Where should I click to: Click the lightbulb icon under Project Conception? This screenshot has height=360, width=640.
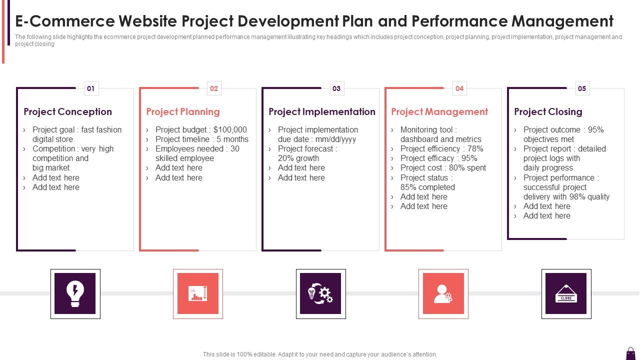(75, 293)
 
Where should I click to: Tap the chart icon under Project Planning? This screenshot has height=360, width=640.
(197, 293)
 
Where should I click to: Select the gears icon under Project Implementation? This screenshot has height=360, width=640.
(320, 293)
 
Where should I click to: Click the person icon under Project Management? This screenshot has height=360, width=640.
(443, 293)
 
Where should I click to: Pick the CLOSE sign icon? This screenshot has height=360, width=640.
(566, 293)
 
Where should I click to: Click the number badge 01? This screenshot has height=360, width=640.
(91, 88)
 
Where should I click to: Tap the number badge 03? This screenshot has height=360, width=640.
(336, 88)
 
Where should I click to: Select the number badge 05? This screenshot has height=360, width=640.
(582, 88)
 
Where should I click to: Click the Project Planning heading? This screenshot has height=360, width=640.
(183, 111)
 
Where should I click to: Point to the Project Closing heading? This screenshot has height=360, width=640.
(548, 111)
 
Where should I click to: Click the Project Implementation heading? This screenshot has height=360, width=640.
(322, 111)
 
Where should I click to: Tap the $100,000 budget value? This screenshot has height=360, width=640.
(230, 129)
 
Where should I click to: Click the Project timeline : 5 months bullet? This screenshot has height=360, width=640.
(201, 139)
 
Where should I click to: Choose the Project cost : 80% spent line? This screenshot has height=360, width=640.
(443, 167)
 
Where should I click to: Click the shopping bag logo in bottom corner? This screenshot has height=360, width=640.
(630, 352)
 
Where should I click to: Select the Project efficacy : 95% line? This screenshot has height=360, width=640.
(438, 158)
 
